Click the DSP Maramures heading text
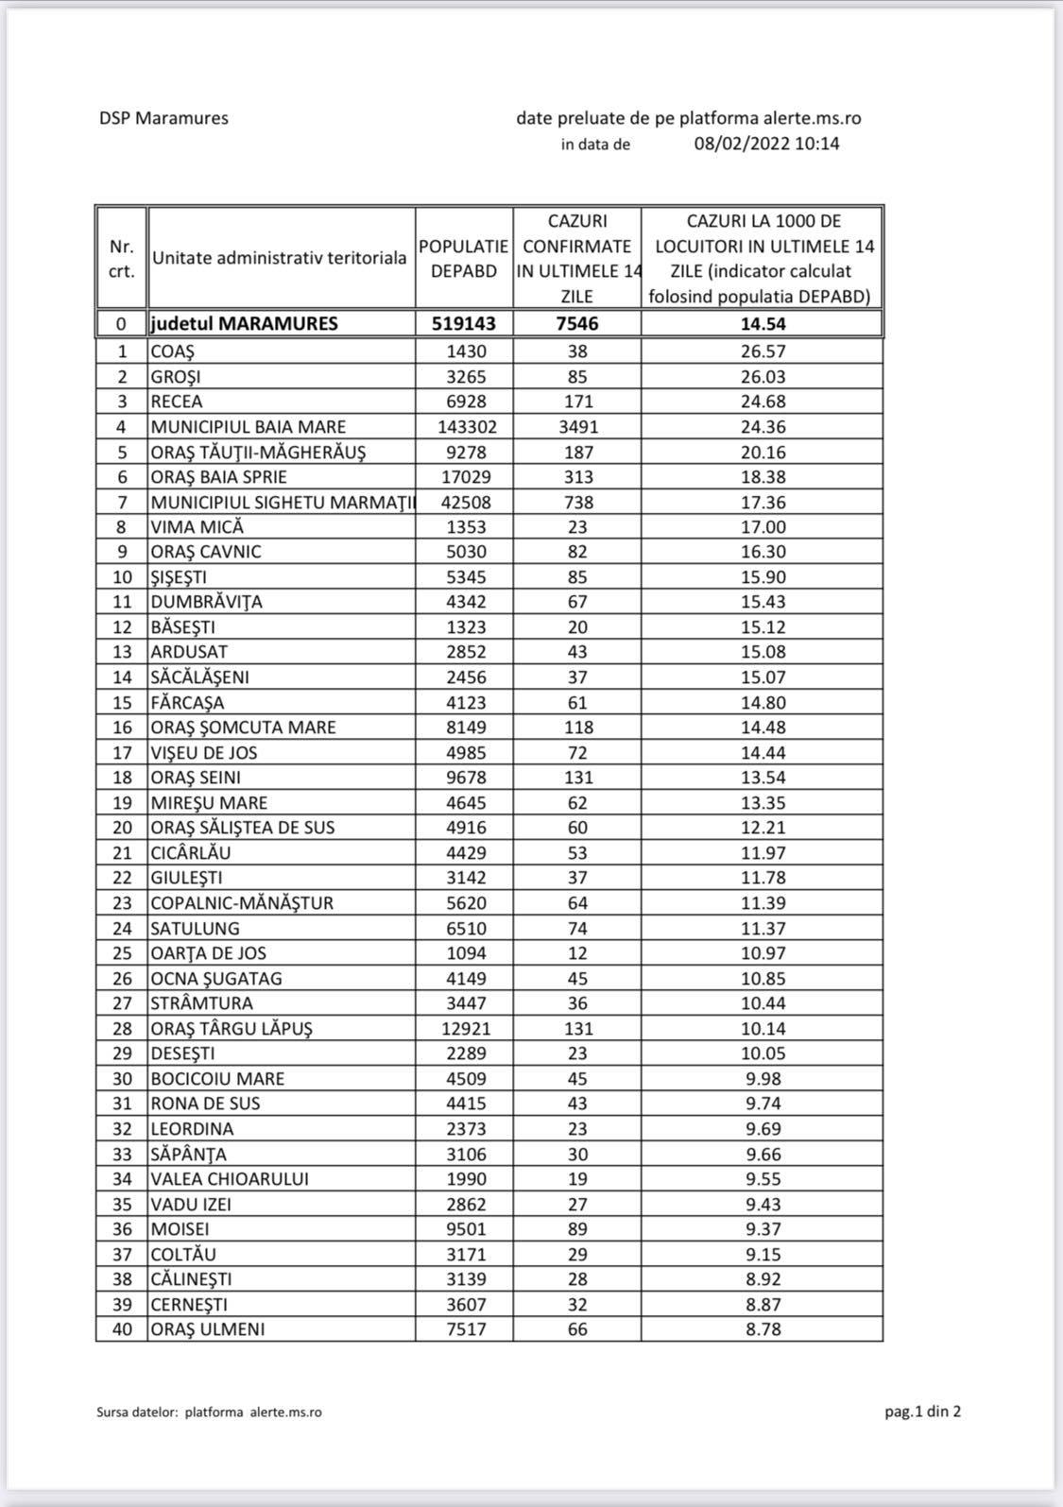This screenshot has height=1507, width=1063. point(163,118)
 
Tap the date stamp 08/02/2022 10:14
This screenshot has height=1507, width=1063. point(766,144)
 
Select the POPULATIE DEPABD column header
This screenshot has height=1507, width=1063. point(464,258)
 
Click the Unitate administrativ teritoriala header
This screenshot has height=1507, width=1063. point(280,257)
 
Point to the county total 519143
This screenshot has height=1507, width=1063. point(464,323)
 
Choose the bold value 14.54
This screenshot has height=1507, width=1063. point(763,323)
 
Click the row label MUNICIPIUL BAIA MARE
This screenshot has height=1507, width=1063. point(249,426)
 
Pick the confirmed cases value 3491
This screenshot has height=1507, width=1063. point(576,426)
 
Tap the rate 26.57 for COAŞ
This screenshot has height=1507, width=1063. point(763,351)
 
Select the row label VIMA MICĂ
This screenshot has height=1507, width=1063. point(197,526)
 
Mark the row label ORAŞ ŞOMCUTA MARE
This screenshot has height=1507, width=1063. point(243,727)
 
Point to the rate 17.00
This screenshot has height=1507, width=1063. point(763,526)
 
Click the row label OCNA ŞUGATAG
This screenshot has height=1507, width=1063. point(216,978)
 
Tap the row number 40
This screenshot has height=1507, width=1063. point(122,1328)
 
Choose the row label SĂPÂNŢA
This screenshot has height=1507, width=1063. point(189,1154)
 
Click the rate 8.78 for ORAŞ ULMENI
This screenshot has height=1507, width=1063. point(763,1328)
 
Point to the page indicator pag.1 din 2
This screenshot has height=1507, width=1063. point(922,1411)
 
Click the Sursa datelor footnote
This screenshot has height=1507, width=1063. point(209,1412)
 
